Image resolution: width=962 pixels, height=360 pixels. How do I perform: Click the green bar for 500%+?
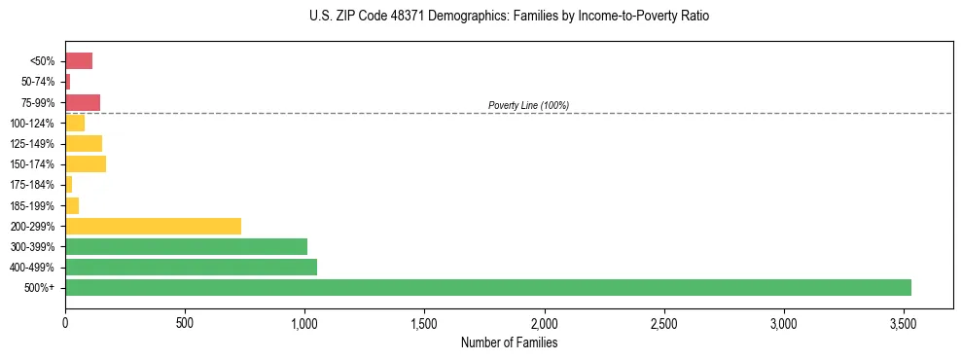(487, 287)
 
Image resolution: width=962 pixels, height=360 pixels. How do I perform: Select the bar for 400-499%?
(191, 267)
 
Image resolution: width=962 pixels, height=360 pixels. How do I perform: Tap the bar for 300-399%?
(186, 246)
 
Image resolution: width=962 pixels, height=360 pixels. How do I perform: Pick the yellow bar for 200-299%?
(153, 226)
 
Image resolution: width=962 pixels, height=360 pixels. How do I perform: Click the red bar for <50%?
(79, 61)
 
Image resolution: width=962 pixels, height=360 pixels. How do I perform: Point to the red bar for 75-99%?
(83, 102)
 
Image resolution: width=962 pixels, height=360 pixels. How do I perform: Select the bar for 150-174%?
(86, 163)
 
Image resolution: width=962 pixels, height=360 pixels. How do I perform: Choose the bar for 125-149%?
(84, 143)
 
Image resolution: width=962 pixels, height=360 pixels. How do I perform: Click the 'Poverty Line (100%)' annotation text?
(528, 105)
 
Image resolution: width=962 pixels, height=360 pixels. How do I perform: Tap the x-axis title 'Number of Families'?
(509, 342)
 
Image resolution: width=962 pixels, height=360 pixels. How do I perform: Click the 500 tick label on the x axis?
(185, 322)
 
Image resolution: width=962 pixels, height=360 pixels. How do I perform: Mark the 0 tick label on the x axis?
(65, 322)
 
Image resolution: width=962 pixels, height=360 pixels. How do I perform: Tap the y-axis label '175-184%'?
(32, 185)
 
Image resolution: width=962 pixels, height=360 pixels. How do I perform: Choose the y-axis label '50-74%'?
(37, 82)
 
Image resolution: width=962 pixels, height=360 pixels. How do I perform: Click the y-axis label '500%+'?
(39, 288)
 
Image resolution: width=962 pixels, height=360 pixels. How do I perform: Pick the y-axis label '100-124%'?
(32, 124)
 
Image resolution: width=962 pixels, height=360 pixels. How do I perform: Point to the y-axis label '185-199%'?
(32, 205)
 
